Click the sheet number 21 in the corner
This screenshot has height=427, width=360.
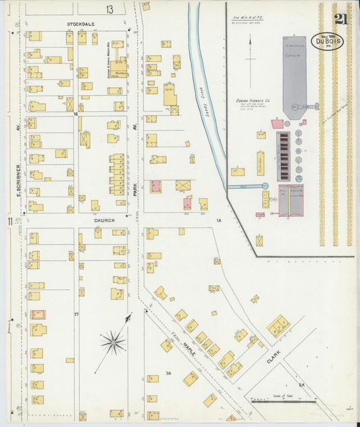(340, 20)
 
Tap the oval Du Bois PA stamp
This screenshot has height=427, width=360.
(327, 42)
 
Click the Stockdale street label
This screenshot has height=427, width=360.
(80, 24)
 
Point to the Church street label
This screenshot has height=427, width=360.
(104, 220)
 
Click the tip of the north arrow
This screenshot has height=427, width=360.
(251, 39)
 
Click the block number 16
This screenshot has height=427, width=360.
(76, 114)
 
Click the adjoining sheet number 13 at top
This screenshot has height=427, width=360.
(109, 9)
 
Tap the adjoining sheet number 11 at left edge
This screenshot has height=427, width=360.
(9, 221)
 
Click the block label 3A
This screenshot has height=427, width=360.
(169, 373)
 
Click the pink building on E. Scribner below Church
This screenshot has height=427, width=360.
(37, 315)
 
